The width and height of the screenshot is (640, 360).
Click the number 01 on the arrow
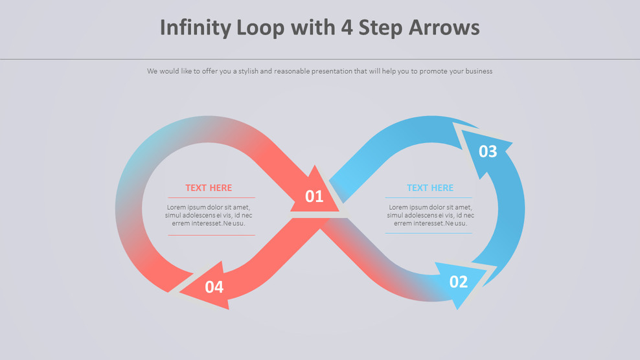point(314,196)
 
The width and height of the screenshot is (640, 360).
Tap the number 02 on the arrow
point(458,282)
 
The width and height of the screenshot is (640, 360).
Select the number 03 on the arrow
point(488,152)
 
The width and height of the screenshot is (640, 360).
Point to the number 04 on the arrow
point(214,287)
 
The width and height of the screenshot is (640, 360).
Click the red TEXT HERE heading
point(209,188)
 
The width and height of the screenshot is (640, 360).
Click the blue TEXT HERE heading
point(430,188)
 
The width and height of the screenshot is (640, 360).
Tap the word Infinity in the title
point(195,28)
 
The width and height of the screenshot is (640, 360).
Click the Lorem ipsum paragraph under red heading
point(209,215)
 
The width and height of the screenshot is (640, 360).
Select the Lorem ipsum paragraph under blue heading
point(430,215)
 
